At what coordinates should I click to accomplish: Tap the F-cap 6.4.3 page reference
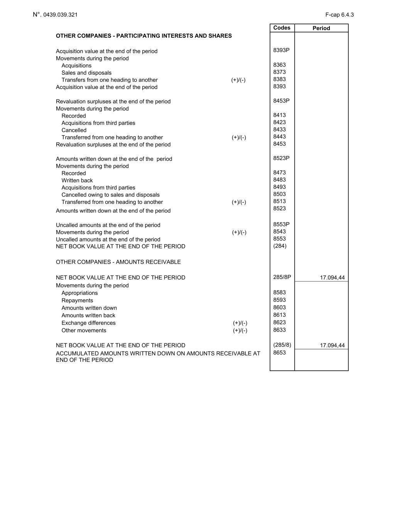(339, 15)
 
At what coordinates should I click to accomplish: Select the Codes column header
(282, 28)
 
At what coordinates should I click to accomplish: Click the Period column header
(321, 28)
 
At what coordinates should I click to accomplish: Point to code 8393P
(281, 50)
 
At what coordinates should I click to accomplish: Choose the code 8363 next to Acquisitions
(279, 65)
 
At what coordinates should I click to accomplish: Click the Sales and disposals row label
(86, 73)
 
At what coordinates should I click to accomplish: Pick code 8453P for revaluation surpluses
(281, 101)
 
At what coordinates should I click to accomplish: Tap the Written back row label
(77, 180)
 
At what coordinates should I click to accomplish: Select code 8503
(279, 194)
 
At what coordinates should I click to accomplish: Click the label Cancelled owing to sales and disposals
(110, 195)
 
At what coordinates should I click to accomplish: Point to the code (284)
(280, 246)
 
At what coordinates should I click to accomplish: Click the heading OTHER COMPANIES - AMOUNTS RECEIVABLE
(118, 262)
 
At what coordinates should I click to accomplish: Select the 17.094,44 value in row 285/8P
(332, 277)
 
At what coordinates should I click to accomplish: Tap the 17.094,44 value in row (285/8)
(332, 345)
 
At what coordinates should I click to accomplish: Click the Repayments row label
(77, 301)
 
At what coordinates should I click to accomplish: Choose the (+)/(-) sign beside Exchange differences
(240, 323)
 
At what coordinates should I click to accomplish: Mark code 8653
(279, 353)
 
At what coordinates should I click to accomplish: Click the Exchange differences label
(88, 323)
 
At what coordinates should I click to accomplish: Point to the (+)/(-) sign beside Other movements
(240, 331)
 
